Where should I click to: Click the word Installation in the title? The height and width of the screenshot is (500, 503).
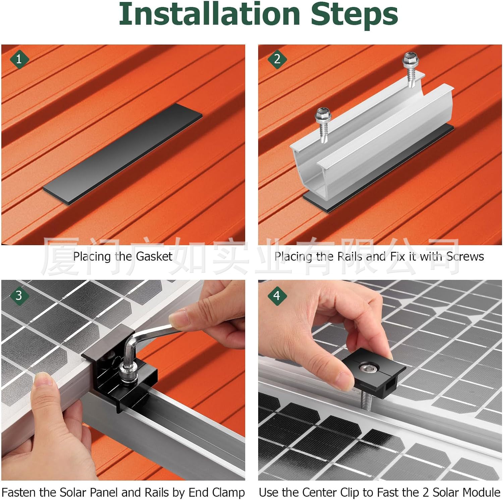click(210, 14)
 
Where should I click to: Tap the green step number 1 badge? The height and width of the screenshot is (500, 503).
click(19, 59)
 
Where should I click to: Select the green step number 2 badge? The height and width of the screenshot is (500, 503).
click(277, 59)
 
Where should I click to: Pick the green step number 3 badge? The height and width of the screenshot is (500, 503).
click(19, 295)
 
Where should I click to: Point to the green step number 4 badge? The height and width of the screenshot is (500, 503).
click(277, 295)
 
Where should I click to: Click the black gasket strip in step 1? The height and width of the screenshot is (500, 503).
click(123, 153)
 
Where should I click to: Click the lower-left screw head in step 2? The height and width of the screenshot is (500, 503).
click(323, 115)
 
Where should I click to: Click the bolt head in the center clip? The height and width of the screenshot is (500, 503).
click(368, 369)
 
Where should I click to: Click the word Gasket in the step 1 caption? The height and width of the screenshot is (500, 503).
click(154, 257)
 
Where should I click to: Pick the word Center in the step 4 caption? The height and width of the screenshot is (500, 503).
click(319, 492)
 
